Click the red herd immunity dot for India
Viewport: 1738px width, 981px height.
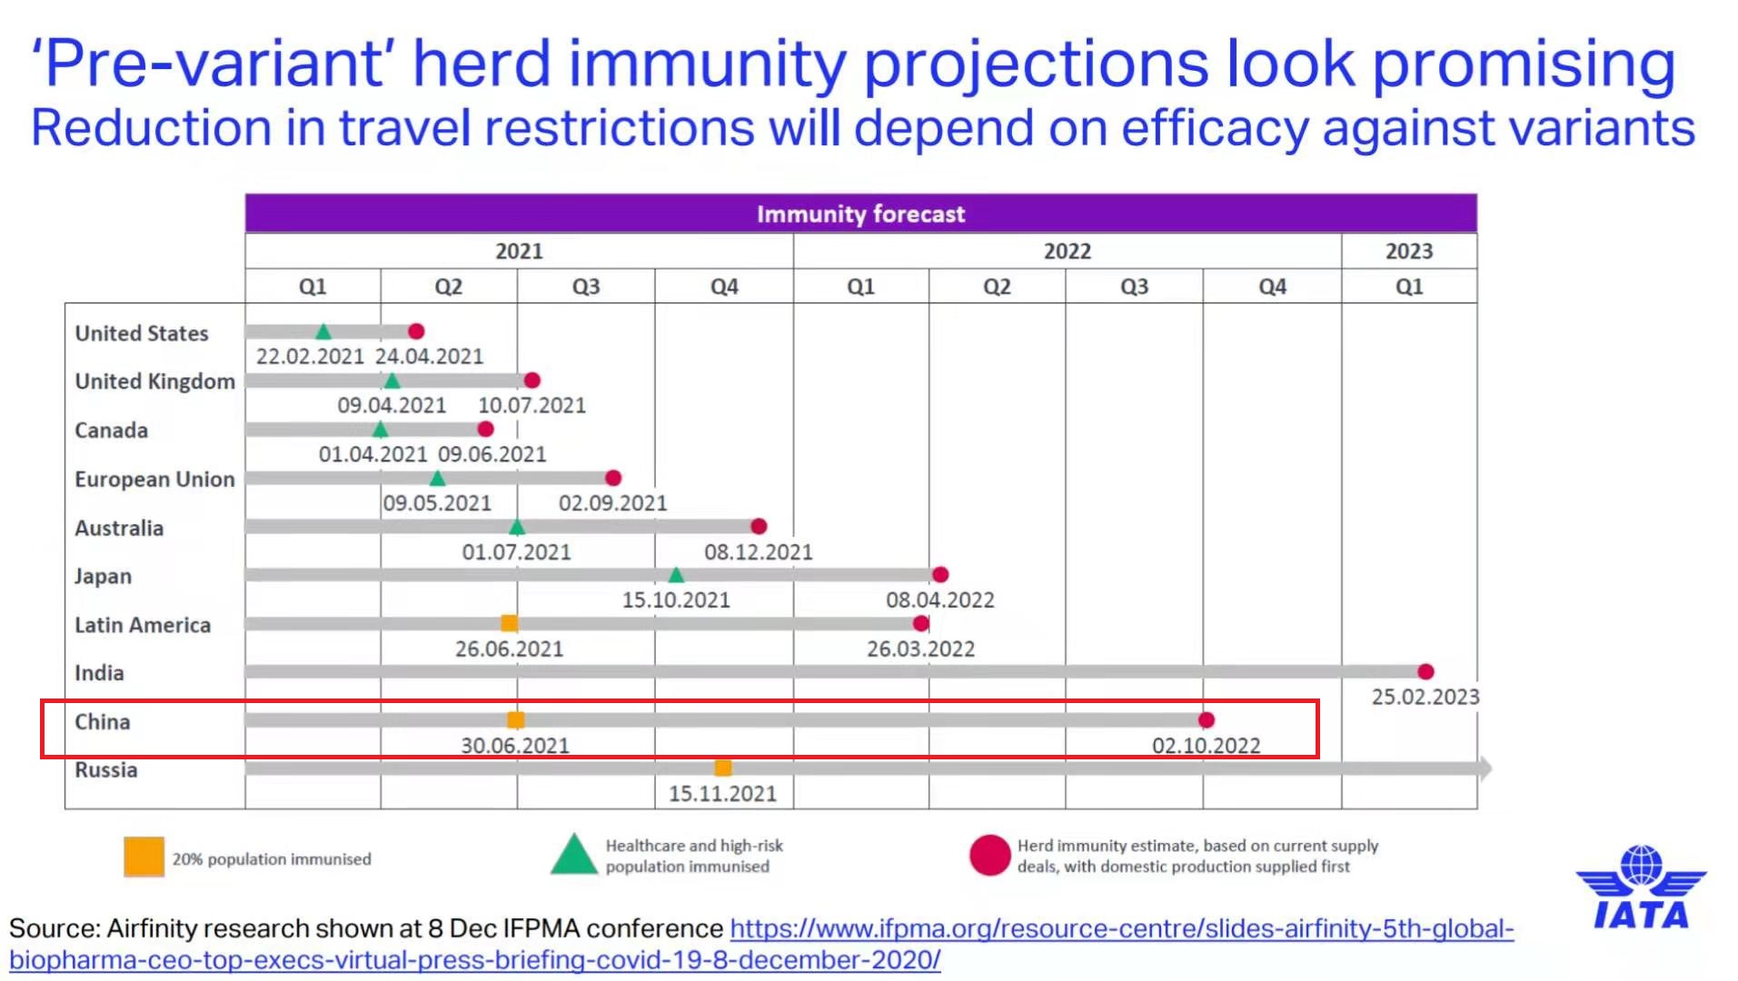[1425, 671]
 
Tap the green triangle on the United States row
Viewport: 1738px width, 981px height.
[323, 332]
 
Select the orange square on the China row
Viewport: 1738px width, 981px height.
[515, 720]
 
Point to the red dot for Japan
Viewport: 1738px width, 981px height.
[940, 574]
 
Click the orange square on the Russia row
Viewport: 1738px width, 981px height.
[723, 768]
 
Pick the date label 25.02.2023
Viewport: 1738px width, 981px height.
[1425, 697]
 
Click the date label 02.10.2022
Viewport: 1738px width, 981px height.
[1206, 746]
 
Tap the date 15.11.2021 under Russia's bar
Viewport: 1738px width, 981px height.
[722, 794]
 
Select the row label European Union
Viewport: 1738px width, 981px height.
[154, 480]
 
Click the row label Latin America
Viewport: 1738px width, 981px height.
[143, 625]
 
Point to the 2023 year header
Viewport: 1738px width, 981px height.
[1408, 252]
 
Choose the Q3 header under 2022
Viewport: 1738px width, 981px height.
[1134, 287]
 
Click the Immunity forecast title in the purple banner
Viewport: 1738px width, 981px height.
[860, 214]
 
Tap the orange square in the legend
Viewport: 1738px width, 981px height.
[144, 857]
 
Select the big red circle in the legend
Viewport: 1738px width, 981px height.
[989, 856]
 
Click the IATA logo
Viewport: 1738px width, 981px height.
[1641, 889]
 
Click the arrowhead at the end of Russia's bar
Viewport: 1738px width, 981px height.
[1485, 768]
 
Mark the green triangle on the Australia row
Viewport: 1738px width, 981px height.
[517, 527]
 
